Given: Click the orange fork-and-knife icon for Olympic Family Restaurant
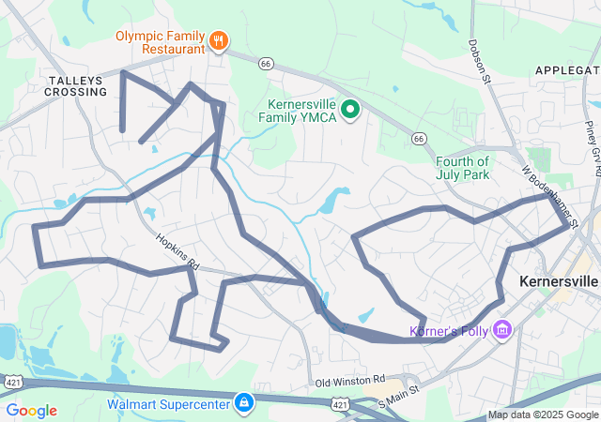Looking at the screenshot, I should click(x=219, y=40).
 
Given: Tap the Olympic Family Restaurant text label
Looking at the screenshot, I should click(x=160, y=42).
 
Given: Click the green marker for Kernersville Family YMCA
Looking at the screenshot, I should click(x=351, y=112).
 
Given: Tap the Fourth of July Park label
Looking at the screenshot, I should click(x=464, y=167).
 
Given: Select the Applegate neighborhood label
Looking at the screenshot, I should click(x=567, y=70).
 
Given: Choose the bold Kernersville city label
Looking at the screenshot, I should click(x=558, y=281).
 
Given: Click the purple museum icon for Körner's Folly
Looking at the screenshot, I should click(x=502, y=329).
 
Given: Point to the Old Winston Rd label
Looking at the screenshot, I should click(x=351, y=381).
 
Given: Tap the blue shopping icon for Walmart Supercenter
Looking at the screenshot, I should click(x=243, y=403).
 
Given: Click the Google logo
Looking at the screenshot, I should click(x=31, y=411).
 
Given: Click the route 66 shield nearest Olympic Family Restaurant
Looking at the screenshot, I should click(x=267, y=63).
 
